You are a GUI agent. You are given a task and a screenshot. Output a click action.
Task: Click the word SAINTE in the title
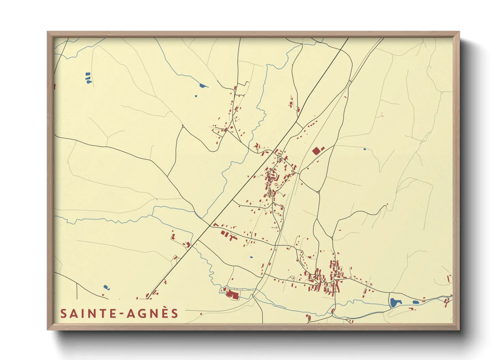(88, 313)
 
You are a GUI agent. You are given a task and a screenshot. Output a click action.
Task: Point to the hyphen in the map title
(121, 314)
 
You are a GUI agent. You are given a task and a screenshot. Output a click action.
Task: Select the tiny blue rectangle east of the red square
(365, 149)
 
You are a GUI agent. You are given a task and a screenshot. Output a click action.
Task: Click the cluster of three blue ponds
(88, 78)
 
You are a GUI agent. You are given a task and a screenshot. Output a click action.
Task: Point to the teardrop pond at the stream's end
(203, 86)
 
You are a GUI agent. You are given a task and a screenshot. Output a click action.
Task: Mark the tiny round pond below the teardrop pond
(196, 96)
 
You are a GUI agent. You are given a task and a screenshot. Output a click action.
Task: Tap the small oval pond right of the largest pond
(415, 302)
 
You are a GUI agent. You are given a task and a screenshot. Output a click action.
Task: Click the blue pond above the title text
(106, 288)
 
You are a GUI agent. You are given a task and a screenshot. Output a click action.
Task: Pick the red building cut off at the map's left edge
(54, 87)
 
